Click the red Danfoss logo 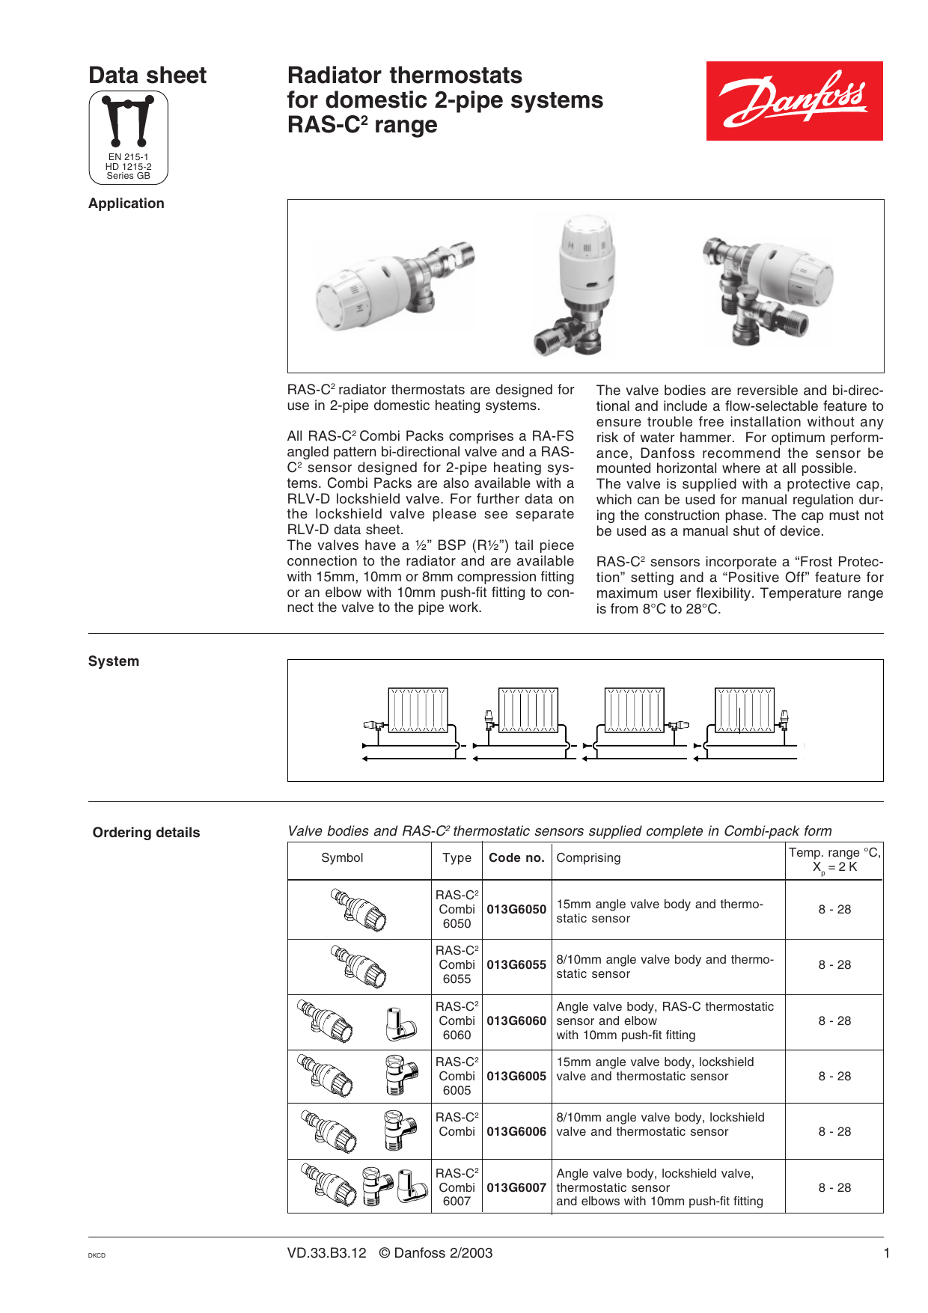[794, 101]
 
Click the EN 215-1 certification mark [128, 138]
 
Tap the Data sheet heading [147, 76]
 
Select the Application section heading [126, 203]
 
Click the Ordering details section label [146, 833]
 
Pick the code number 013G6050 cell [516, 910]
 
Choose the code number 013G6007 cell [516, 1187]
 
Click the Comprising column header [588, 858]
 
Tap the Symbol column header [342, 858]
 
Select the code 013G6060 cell [516, 1021]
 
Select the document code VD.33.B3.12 [327, 1253]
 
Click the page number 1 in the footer [887, 1253]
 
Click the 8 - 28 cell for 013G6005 [834, 1077]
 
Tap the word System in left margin [114, 661]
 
